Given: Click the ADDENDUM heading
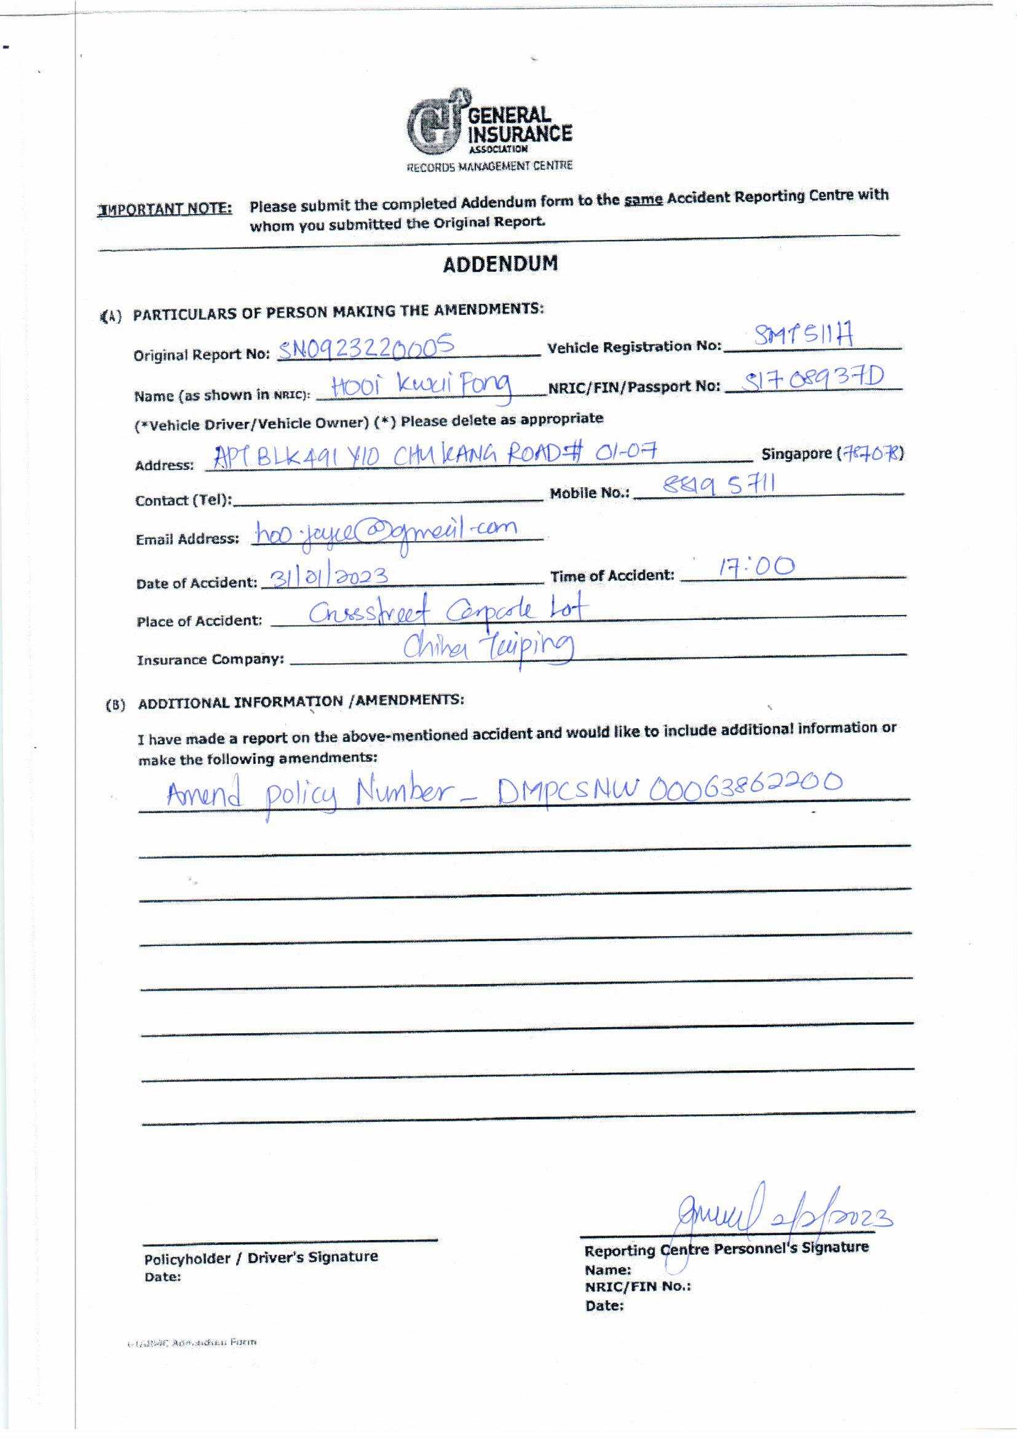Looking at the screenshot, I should (x=500, y=264).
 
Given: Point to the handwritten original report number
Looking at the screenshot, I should (x=366, y=348).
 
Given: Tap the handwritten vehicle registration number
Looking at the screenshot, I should (x=804, y=338).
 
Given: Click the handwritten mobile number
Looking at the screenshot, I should (x=719, y=485).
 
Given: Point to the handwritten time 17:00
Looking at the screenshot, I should (x=756, y=568).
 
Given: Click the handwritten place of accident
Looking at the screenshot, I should (x=448, y=610).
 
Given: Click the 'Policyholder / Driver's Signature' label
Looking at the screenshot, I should (x=261, y=1257).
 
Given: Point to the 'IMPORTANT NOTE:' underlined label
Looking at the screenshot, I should (x=165, y=209).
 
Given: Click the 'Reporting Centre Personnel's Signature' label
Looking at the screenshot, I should (x=726, y=1248).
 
